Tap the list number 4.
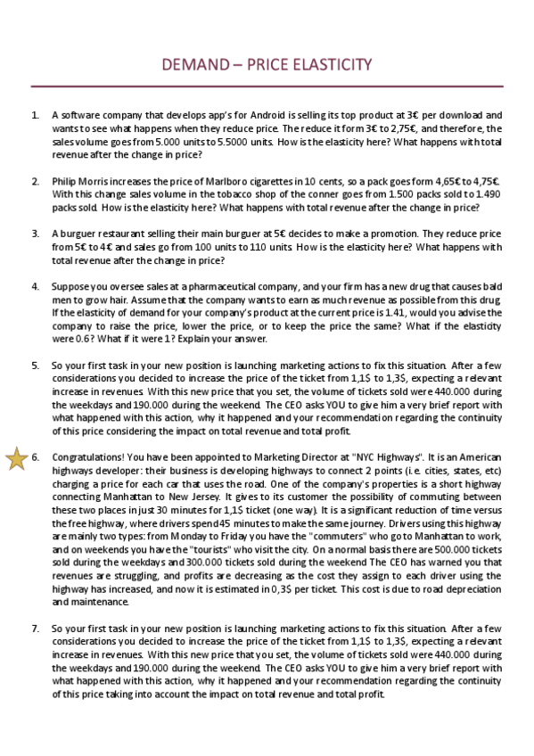[35, 287]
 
